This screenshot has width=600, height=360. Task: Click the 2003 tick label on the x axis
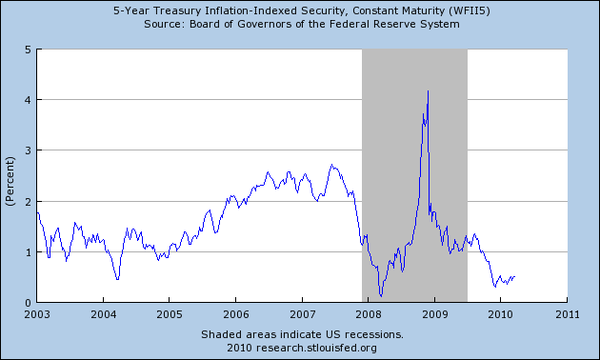(37, 313)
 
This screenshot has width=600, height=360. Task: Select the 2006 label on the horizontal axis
(236, 313)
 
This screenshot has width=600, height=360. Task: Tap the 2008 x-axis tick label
(369, 313)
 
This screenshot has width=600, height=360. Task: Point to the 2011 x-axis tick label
(568, 313)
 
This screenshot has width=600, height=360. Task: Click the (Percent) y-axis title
(10, 176)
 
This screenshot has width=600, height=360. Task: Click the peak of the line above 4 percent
(428, 90)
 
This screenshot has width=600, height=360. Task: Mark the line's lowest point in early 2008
(381, 296)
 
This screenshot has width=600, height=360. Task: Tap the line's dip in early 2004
(117, 279)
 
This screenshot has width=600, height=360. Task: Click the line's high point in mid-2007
(330, 165)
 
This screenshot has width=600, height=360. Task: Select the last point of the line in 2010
(514, 277)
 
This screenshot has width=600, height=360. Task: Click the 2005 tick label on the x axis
(170, 313)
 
